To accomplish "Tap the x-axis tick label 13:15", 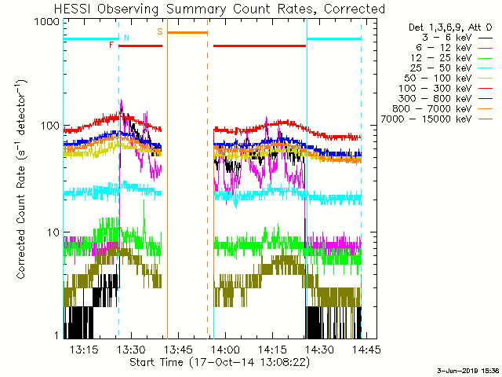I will click(x=83, y=349).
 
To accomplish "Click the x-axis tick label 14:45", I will click(x=366, y=349).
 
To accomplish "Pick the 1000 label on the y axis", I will click(x=45, y=23).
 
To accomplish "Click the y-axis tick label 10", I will click(x=51, y=232).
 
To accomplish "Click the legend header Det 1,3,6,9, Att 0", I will click(x=446, y=27).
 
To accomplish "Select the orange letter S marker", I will click(x=160, y=32).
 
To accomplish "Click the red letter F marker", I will click(x=111, y=46).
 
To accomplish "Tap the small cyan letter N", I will click(x=126, y=38).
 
